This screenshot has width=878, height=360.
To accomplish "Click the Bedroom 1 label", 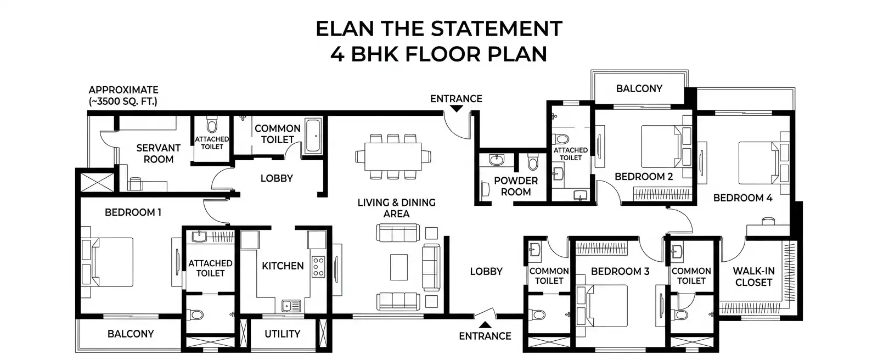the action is (133, 212).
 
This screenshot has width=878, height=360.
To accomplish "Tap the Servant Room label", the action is (159, 153).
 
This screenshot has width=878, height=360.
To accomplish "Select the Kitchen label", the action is (283, 266).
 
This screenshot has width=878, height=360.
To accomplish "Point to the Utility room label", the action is (282, 334).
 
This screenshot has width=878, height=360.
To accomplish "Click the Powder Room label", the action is (516, 186).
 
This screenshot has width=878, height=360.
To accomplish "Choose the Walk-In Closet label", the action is (754, 277).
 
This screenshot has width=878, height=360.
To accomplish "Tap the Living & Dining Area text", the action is (396, 208).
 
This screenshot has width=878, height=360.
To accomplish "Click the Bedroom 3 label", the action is (620, 272).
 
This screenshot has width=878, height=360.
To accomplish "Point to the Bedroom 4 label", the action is (743, 198).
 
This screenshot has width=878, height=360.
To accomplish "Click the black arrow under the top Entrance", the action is (456, 109).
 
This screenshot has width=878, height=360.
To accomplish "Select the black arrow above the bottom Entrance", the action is (485, 324).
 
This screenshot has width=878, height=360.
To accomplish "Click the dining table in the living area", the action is (393, 156).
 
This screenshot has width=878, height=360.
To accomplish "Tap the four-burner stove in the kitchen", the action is (318, 267).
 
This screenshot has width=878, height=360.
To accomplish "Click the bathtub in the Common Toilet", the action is (313, 136).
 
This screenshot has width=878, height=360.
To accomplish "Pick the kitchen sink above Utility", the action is (290, 306).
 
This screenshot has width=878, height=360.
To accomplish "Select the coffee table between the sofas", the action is (398, 267).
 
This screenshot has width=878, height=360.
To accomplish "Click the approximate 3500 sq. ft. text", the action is (123, 95).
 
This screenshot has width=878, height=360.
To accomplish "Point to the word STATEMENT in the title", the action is (497, 29).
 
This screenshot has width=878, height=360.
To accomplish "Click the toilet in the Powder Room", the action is (533, 161).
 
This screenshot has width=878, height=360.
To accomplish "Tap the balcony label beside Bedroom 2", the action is (639, 88).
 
